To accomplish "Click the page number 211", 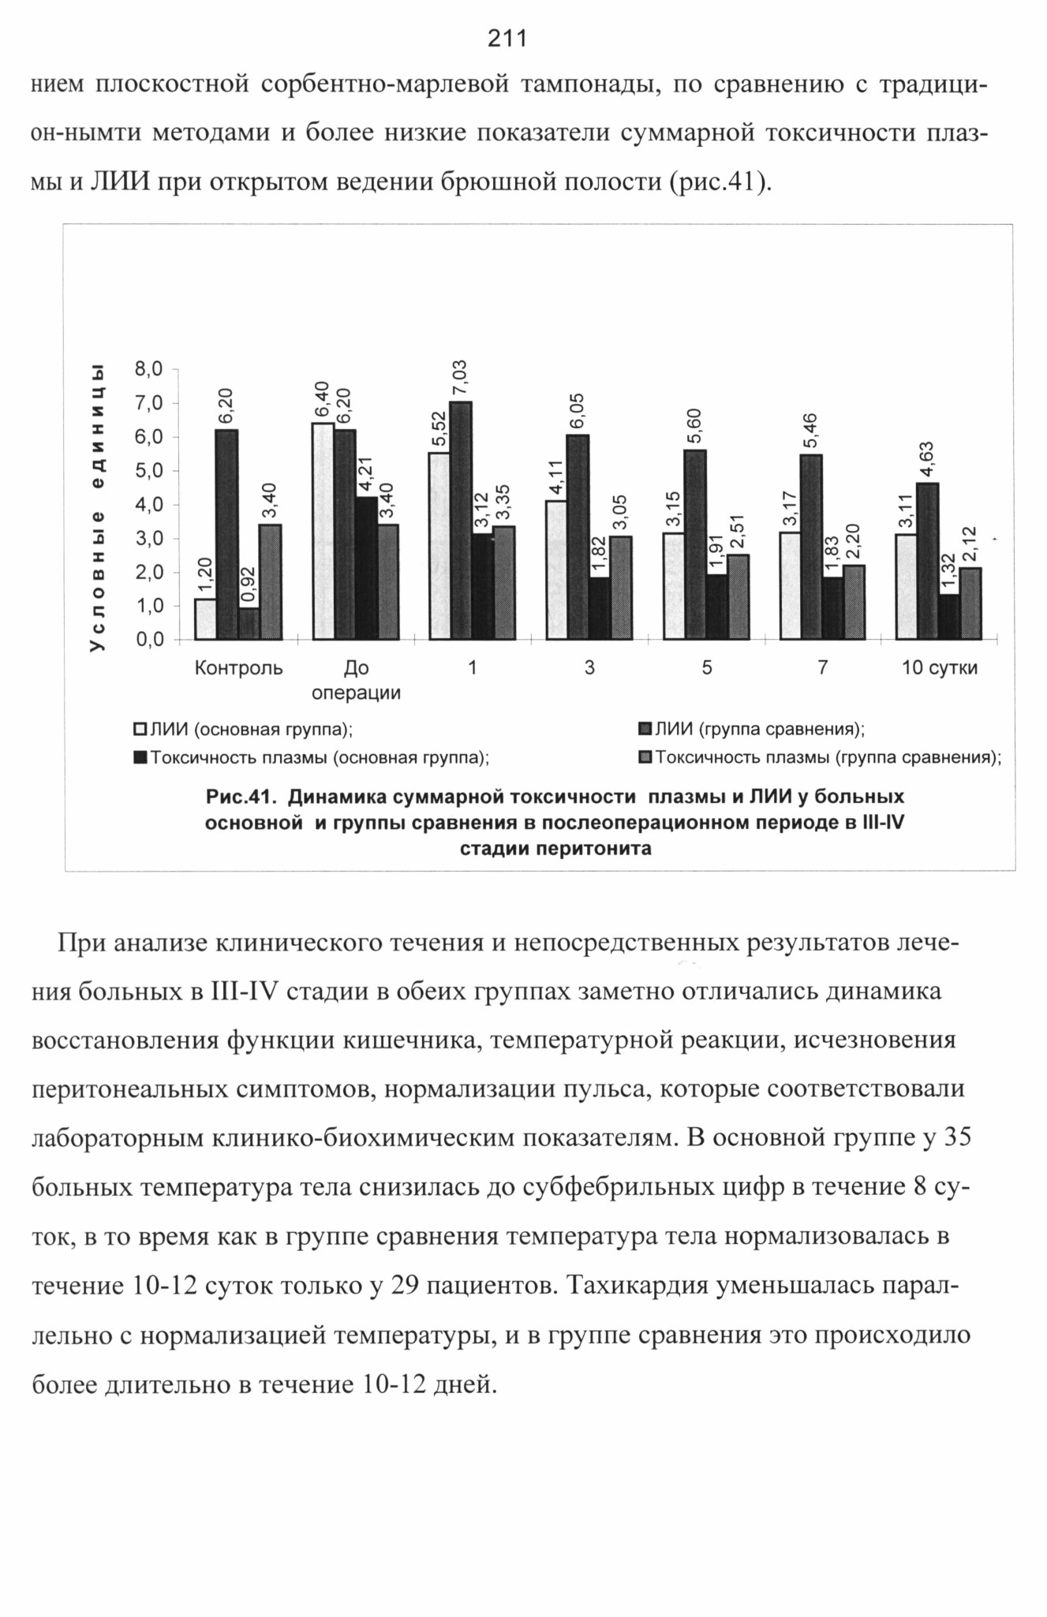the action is [x=507, y=39].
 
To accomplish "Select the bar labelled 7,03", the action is [x=461, y=521].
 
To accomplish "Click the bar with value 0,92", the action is [x=249, y=623].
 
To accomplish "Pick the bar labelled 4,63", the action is [x=928, y=561].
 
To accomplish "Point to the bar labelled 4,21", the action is [x=366, y=568].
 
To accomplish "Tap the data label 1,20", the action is [x=205, y=575].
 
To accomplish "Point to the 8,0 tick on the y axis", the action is [x=149, y=368].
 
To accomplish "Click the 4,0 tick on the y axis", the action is [x=149, y=504].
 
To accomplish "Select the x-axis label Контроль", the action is [x=238, y=668].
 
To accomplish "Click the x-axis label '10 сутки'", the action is [x=940, y=668].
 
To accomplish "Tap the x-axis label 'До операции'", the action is [x=357, y=681].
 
